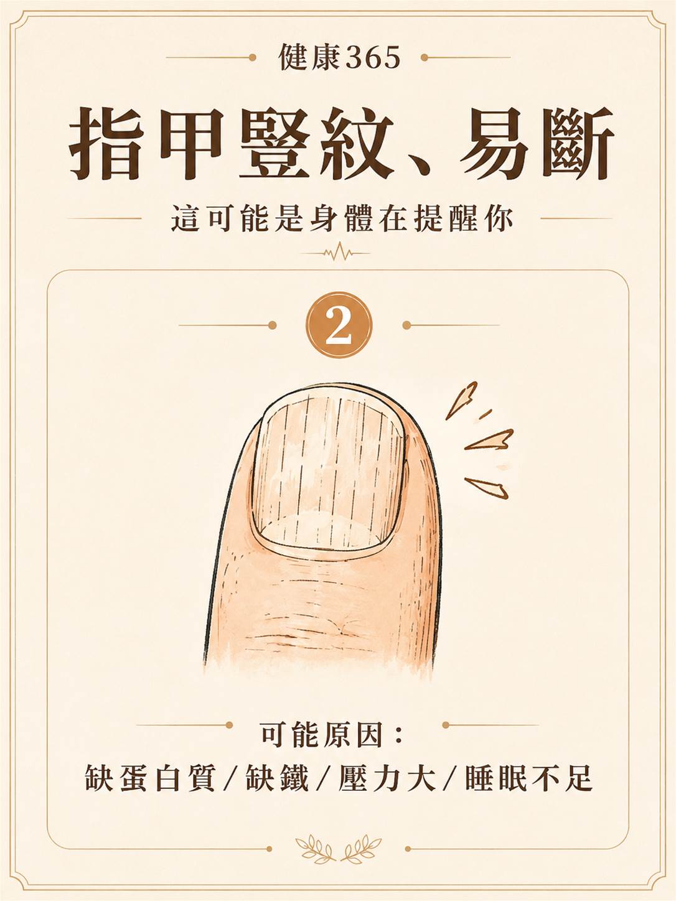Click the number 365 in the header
373,58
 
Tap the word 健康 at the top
310,57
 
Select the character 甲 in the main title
192,144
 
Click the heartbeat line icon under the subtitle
338,253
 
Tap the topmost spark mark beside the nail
462,400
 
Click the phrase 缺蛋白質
150,778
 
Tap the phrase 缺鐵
277,778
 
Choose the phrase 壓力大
387,778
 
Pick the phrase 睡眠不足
529,778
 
